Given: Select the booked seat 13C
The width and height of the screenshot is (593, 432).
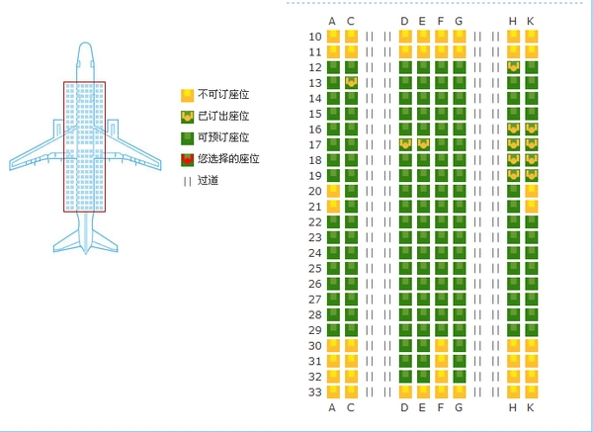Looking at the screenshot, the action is (x=351, y=83).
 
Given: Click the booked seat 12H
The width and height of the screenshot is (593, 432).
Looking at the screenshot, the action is (x=513, y=67).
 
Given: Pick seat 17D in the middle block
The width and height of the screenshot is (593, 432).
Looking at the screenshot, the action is (x=405, y=144).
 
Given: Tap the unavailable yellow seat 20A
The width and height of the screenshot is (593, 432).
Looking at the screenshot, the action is (x=333, y=191).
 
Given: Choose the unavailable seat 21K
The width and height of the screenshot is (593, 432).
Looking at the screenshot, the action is (x=532, y=207).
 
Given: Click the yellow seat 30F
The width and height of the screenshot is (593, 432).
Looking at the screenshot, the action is (x=442, y=346).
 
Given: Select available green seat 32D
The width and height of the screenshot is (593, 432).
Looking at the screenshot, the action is (x=405, y=377).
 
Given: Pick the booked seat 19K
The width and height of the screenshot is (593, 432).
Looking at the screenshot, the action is (x=532, y=176).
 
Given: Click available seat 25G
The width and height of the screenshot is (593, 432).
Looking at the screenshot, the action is (x=460, y=268).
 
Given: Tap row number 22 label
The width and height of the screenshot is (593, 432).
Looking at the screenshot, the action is (x=315, y=222).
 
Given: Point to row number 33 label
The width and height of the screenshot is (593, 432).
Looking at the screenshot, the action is (x=315, y=391).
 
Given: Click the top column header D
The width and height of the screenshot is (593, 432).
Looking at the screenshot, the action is (x=404, y=21).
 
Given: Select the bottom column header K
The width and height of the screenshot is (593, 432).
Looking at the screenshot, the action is (x=531, y=407).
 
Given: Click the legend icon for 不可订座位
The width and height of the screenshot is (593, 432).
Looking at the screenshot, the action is (x=187, y=96).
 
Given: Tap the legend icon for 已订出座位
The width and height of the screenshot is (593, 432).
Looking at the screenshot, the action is (x=187, y=118).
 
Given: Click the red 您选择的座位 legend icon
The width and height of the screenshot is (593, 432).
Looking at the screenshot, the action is (x=187, y=160).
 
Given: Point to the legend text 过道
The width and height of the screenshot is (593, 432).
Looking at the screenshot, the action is (x=208, y=181).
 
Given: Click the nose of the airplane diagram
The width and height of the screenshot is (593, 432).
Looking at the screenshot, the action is (x=85, y=43).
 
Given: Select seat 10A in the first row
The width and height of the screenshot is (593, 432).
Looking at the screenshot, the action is (x=333, y=37).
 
